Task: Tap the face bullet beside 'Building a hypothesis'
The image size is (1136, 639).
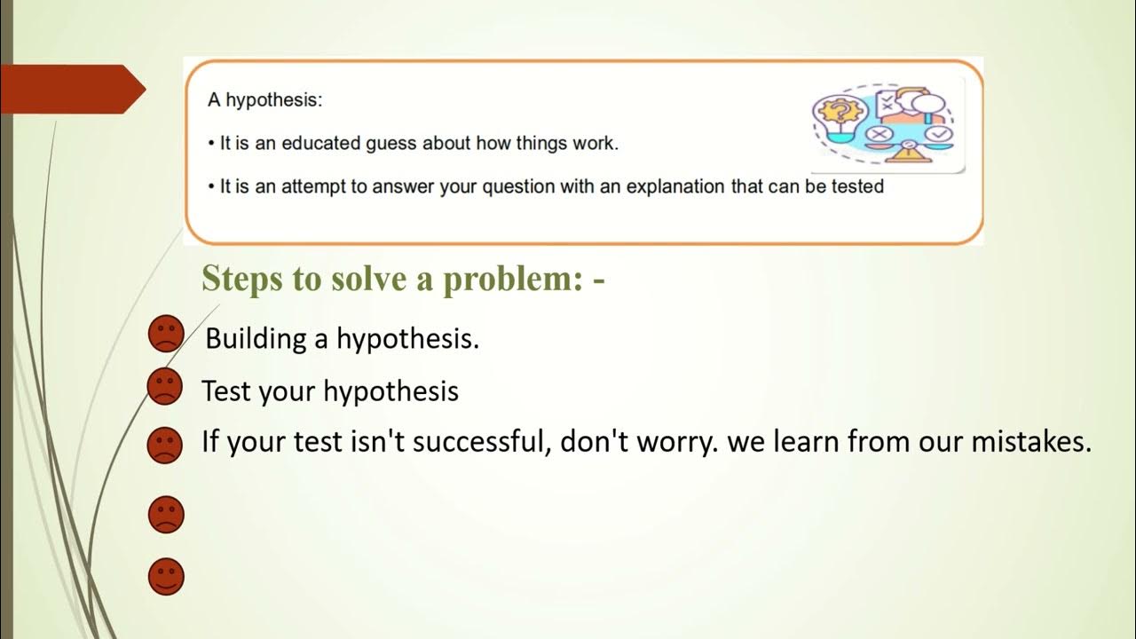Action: coord(165,334)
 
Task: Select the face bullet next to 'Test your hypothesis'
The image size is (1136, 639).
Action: coord(163,387)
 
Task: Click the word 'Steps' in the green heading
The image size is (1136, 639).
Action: coord(236,278)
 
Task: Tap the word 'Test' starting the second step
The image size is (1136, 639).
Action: coord(226,390)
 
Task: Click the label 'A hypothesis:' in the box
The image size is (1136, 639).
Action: coord(264,99)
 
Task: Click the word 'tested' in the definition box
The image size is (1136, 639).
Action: coord(857,186)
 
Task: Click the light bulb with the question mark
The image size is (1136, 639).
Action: coord(835,115)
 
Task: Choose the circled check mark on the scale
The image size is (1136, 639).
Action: coord(941,135)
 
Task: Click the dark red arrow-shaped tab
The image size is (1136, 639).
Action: coord(71,89)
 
